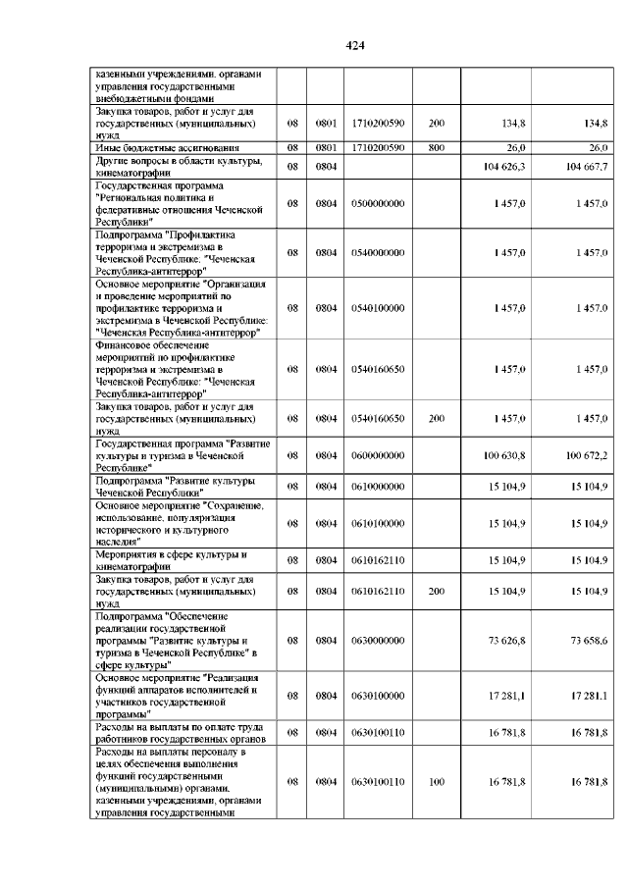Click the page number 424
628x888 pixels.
[355, 46]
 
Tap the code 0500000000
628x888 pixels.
[377, 202]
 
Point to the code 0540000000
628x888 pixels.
[377, 252]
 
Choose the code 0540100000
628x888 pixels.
[377, 308]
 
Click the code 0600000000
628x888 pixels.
[377, 456]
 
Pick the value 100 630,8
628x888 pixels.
[505, 456]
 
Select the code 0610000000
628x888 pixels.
[377, 487]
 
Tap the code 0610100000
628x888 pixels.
[377, 524]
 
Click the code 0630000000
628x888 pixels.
[377, 640]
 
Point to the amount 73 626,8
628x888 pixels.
[507, 640]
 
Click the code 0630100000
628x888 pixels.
[377, 696]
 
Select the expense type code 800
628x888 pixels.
[437, 147]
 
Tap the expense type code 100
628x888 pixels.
[437, 782]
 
